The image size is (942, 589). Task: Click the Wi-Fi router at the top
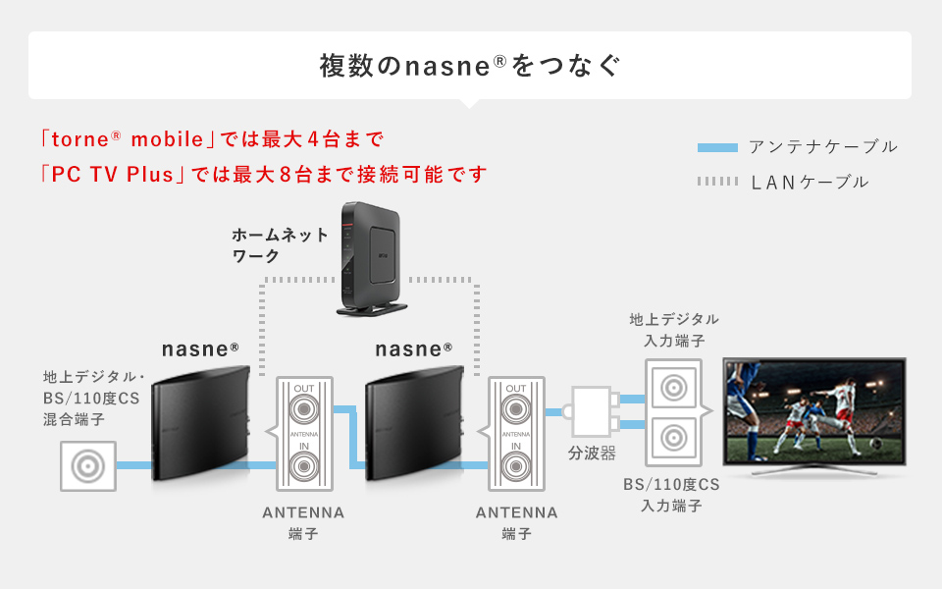[370, 257]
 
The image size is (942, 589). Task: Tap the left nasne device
[201, 424]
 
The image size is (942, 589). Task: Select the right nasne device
[414, 424]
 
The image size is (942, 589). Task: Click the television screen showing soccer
[813, 410]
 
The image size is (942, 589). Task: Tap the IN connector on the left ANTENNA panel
[304, 465]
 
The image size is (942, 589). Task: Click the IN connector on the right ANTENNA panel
[516, 465]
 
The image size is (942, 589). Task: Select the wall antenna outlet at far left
[87, 465]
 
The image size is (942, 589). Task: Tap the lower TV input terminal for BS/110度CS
[673, 436]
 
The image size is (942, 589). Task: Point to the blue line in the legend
[716, 148]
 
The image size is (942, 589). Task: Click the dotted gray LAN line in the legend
[716, 182]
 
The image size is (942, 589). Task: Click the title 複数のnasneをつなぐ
[470, 66]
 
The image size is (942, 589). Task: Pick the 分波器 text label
[592, 454]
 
